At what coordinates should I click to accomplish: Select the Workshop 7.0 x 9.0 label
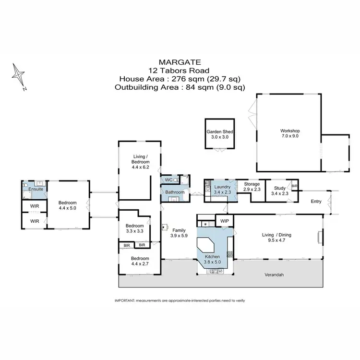coord(289,133)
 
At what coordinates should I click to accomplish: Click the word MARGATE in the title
coord(180,62)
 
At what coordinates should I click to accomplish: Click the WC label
coord(168,180)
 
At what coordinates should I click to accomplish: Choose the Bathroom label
coord(175,192)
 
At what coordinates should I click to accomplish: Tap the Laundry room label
coord(223,187)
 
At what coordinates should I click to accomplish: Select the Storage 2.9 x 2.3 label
coord(252,187)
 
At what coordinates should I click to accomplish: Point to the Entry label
coord(316,202)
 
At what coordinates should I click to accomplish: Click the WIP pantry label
coord(224,221)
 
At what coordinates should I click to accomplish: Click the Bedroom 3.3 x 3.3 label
coord(134,228)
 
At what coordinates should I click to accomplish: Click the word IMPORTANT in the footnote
coord(125,300)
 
